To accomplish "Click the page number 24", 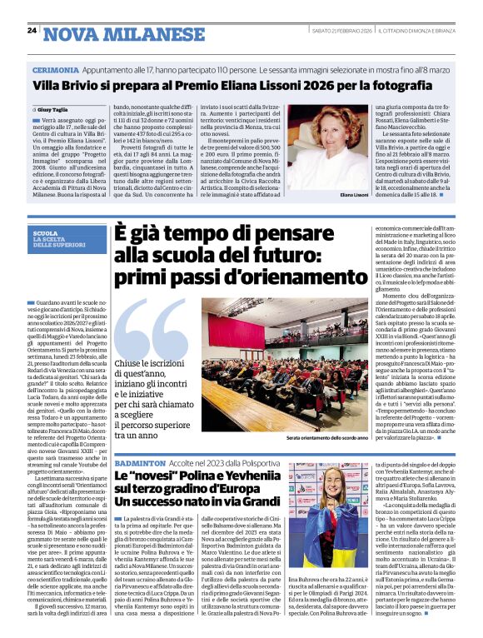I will click(x=32, y=31).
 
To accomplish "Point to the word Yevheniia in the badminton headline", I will click(x=244, y=477).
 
